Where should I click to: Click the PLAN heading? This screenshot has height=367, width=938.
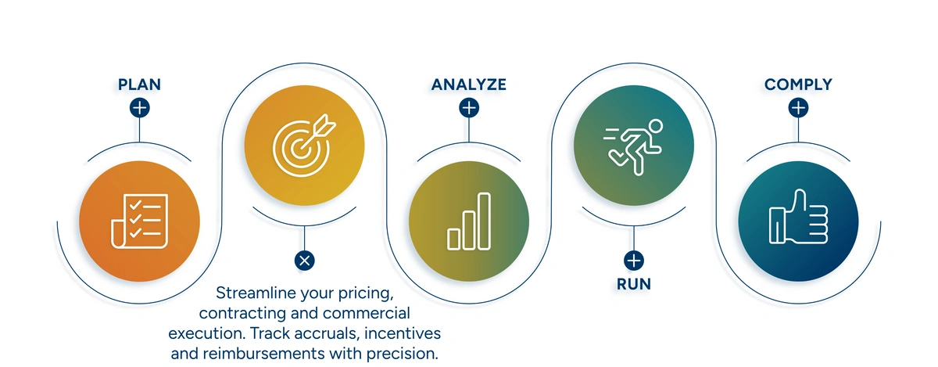click(139, 85)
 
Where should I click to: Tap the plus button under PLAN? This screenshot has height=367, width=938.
click(139, 108)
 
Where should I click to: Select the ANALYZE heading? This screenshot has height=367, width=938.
click(468, 85)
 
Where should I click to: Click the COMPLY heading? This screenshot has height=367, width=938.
click(798, 85)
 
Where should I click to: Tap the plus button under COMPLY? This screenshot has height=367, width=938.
click(798, 108)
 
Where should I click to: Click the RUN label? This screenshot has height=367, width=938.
click(634, 284)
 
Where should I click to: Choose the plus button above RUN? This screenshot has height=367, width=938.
click(634, 261)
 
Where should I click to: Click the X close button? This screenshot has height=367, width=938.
click(304, 261)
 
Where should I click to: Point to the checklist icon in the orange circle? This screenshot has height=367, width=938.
click(139, 221)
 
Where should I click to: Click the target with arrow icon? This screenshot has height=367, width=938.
click(303, 145)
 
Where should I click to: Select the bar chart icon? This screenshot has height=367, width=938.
click(469, 221)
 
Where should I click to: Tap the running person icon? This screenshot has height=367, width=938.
click(633, 147)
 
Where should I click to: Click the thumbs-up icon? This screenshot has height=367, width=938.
click(798, 217)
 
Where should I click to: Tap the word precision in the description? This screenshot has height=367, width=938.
click(403, 354)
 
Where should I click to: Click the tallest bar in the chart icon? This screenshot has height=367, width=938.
click(484, 221)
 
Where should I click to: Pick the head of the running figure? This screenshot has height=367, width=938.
click(655, 126)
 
